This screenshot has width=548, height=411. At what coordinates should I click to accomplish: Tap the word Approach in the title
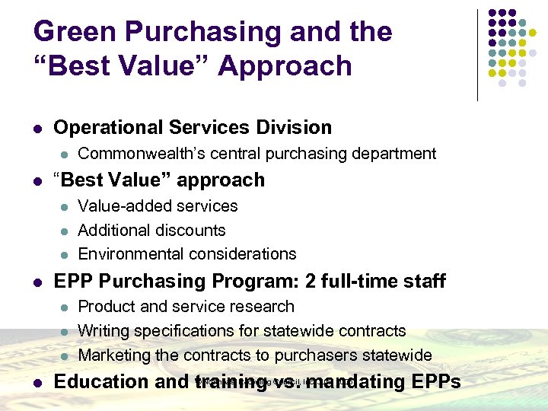click(x=285, y=66)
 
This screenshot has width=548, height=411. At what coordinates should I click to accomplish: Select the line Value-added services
click(x=158, y=206)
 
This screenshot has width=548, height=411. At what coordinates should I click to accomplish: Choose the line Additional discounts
click(x=151, y=231)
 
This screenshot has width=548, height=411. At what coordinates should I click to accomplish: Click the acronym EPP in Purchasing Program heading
click(x=75, y=282)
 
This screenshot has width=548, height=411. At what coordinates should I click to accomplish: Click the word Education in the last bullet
click(x=103, y=381)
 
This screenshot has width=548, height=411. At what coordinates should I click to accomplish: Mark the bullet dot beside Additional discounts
click(x=65, y=231)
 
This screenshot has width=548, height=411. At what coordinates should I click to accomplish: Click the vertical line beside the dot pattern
click(x=477, y=55)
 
